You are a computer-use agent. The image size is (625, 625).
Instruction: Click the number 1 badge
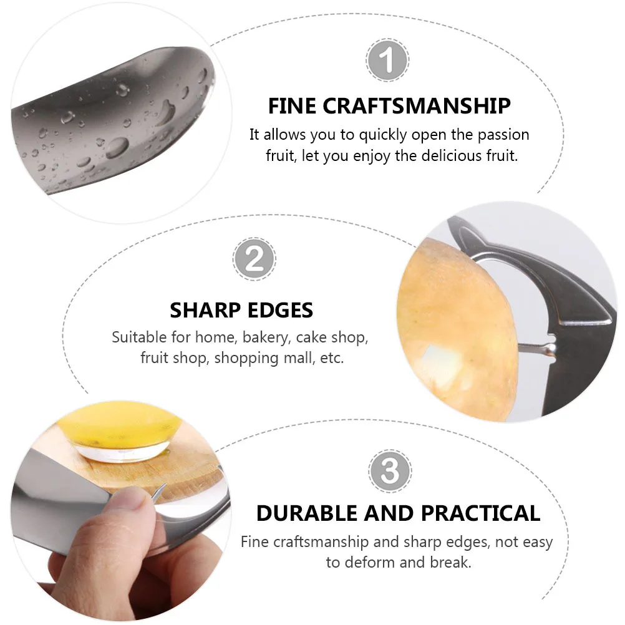click(x=387, y=61)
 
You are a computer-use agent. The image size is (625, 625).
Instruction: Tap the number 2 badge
click(x=254, y=259)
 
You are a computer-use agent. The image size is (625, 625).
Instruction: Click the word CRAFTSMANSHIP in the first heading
click(x=417, y=106)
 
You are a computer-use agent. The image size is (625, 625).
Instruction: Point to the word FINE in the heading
click(x=292, y=106)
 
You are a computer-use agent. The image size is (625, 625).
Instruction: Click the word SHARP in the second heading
click(x=204, y=310)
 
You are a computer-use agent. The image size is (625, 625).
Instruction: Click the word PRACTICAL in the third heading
click(x=480, y=513)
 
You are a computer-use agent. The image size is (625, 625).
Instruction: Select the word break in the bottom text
click(x=450, y=562)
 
